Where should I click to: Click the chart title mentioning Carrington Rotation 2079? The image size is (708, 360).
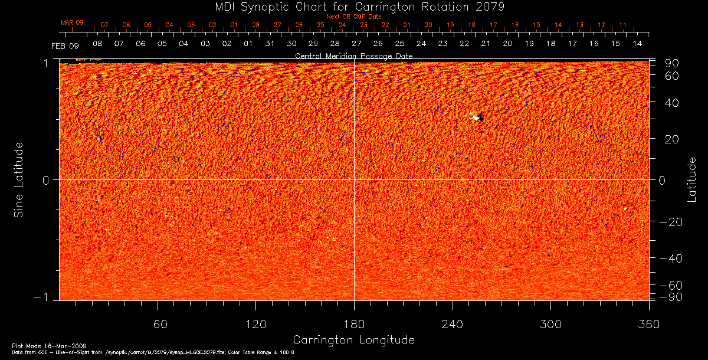[x=353, y=6]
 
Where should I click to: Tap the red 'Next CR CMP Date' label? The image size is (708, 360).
[x=353, y=17]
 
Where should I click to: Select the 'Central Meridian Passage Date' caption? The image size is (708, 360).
[x=353, y=55]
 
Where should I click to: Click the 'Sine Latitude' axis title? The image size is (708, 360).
[x=19, y=179]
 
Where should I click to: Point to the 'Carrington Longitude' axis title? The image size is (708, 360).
[x=353, y=340]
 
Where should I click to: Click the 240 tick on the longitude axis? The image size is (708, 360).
[x=452, y=324]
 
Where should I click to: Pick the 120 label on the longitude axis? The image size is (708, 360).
[x=255, y=324]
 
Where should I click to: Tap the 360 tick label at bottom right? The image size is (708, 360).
[x=648, y=324]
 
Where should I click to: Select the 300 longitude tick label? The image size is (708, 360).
[x=550, y=324]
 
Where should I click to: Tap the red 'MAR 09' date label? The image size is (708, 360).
[x=72, y=22]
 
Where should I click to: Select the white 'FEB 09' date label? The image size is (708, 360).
[x=64, y=45]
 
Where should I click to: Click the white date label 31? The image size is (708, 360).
[x=270, y=44]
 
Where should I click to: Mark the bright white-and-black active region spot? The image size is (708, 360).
[x=476, y=117]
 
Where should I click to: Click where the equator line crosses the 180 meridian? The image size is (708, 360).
[x=354, y=179]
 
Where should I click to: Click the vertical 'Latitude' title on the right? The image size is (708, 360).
[x=691, y=179]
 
